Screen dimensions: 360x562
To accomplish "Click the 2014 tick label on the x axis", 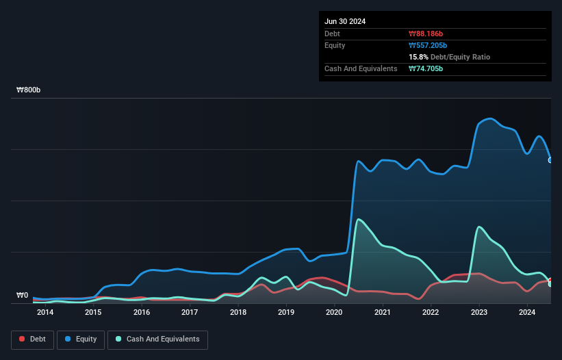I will pos(45,313).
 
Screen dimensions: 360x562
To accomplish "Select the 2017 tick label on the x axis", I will pos(190,313).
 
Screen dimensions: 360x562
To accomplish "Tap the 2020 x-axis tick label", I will pos(334,313).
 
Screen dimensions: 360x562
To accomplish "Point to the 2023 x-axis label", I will pos(479,313).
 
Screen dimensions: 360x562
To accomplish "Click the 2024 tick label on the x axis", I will pos(527,313).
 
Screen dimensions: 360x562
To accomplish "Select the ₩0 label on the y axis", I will pos(22,296).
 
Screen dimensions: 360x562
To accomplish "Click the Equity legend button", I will pos(80,339).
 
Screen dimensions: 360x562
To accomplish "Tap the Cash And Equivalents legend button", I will pos(157,339).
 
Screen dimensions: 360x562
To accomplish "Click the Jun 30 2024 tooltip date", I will pos(345,21).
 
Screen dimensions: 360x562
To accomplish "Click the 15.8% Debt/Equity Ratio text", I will pos(449,57).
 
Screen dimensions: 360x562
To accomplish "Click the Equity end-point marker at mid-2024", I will pos(550,160).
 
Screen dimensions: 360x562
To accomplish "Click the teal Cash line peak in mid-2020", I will pos(359,220).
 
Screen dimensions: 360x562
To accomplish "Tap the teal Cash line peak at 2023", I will pos(480,227).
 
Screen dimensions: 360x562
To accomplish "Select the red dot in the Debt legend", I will pos(22,339).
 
